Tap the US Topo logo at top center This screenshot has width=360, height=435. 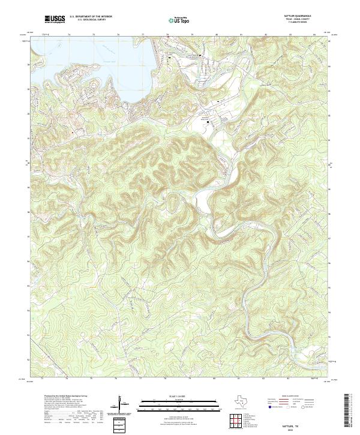pyautogui.click(x=179, y=20)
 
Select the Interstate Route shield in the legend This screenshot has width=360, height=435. pyautogui.click(x=270, y=406)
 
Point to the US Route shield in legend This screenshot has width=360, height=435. pyautogui.click(x=289, y=406)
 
